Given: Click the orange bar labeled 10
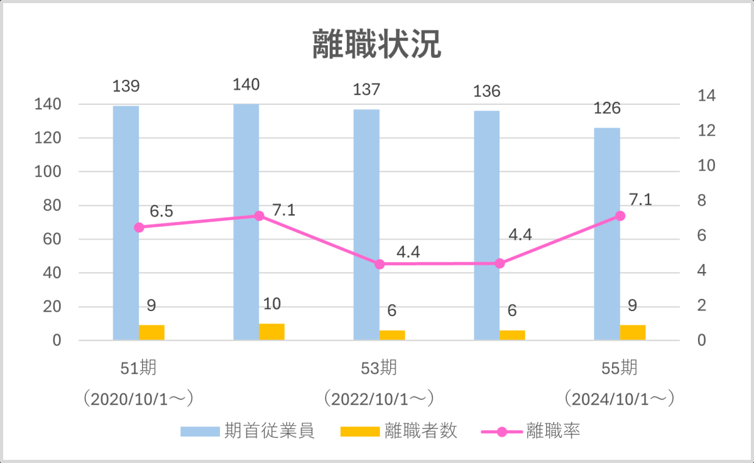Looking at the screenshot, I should (271, 332).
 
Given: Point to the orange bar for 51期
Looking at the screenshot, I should (151, 333).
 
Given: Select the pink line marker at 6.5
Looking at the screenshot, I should (139, 227).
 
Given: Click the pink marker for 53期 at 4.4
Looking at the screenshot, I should (380, 264).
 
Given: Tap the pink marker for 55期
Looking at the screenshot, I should (620, 215).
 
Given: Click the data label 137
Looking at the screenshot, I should (366, 90).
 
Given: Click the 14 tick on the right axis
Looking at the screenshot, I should (706, 96).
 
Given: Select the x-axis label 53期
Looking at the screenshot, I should (379, 368).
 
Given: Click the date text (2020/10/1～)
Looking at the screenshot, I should (138, 399).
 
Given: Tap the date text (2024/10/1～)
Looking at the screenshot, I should (620, 399).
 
